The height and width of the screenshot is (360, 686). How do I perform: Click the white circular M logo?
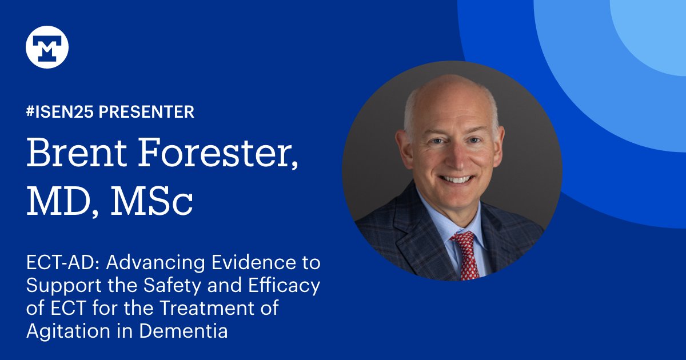[x=47, y=47]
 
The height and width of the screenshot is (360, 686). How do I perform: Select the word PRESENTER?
[x=146, y=112]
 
